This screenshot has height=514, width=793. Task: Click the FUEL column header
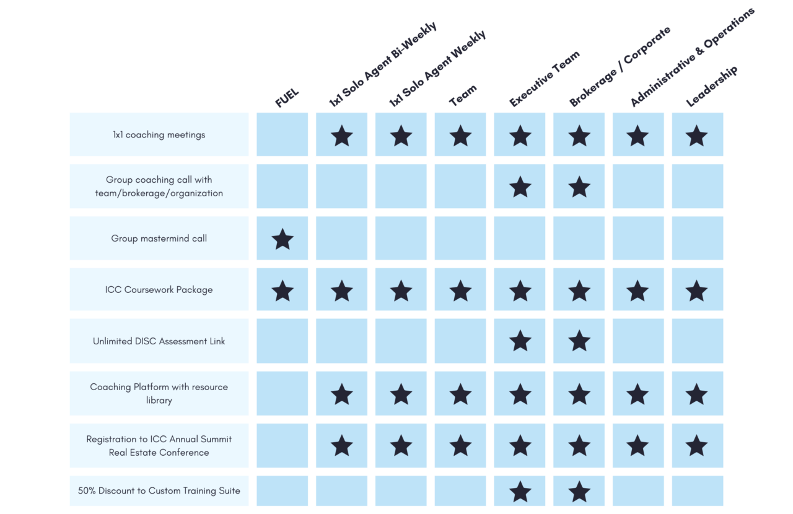[287, 98]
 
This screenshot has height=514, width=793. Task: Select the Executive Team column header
[545, 78]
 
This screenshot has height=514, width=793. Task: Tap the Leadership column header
[712, 86]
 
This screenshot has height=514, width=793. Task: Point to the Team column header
[463, 95]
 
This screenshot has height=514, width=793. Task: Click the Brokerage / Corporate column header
[620, 66]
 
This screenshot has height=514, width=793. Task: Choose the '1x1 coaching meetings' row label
[159, 134]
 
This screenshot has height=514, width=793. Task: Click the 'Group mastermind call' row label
[159, 238]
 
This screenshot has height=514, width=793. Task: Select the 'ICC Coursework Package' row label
[159, 290]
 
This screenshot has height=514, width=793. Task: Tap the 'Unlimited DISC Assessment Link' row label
[159, 341]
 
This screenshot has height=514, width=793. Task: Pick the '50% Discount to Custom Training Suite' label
[159, 490]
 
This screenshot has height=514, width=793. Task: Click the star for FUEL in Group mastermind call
[283, 239]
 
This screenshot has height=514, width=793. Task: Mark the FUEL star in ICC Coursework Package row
[283, 290]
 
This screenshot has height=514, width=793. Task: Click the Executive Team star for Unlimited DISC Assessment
[520, 341]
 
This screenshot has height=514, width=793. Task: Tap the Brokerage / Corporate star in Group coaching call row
[579, 186]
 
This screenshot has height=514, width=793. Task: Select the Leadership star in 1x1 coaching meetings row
[696, 136]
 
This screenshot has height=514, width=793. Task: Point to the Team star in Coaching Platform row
[460, 394]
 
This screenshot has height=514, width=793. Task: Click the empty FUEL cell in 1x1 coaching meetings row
[282, 134]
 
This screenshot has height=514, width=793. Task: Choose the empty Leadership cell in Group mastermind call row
[698, 238]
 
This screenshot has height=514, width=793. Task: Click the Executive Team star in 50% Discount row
[520, 492]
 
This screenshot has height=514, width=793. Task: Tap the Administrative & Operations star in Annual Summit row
[637, 445]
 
